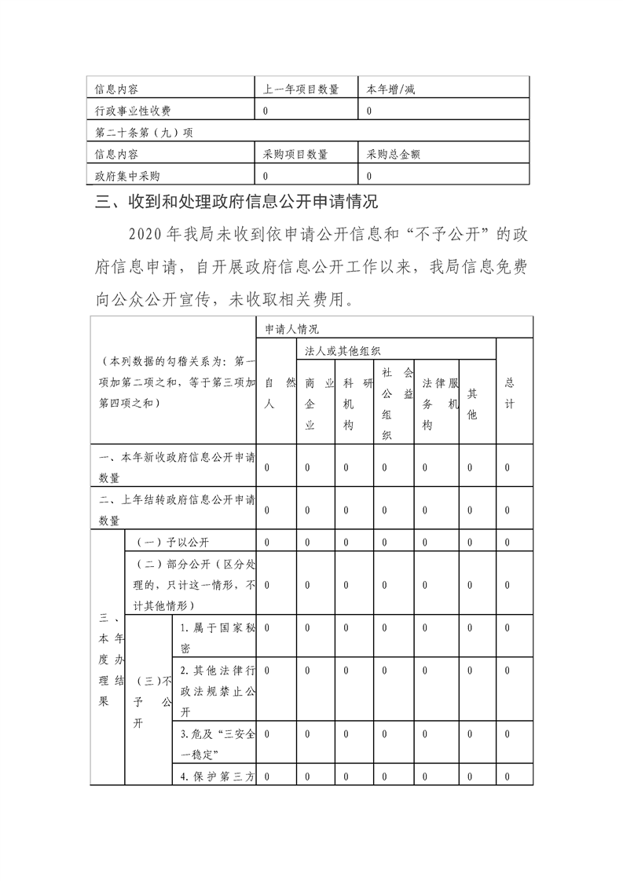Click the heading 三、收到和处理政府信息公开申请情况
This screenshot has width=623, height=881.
point(236,203)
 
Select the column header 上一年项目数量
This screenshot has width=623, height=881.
point(301,90)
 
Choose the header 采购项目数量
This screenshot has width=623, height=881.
point(295,155)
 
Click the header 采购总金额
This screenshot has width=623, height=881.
point(394,155)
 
